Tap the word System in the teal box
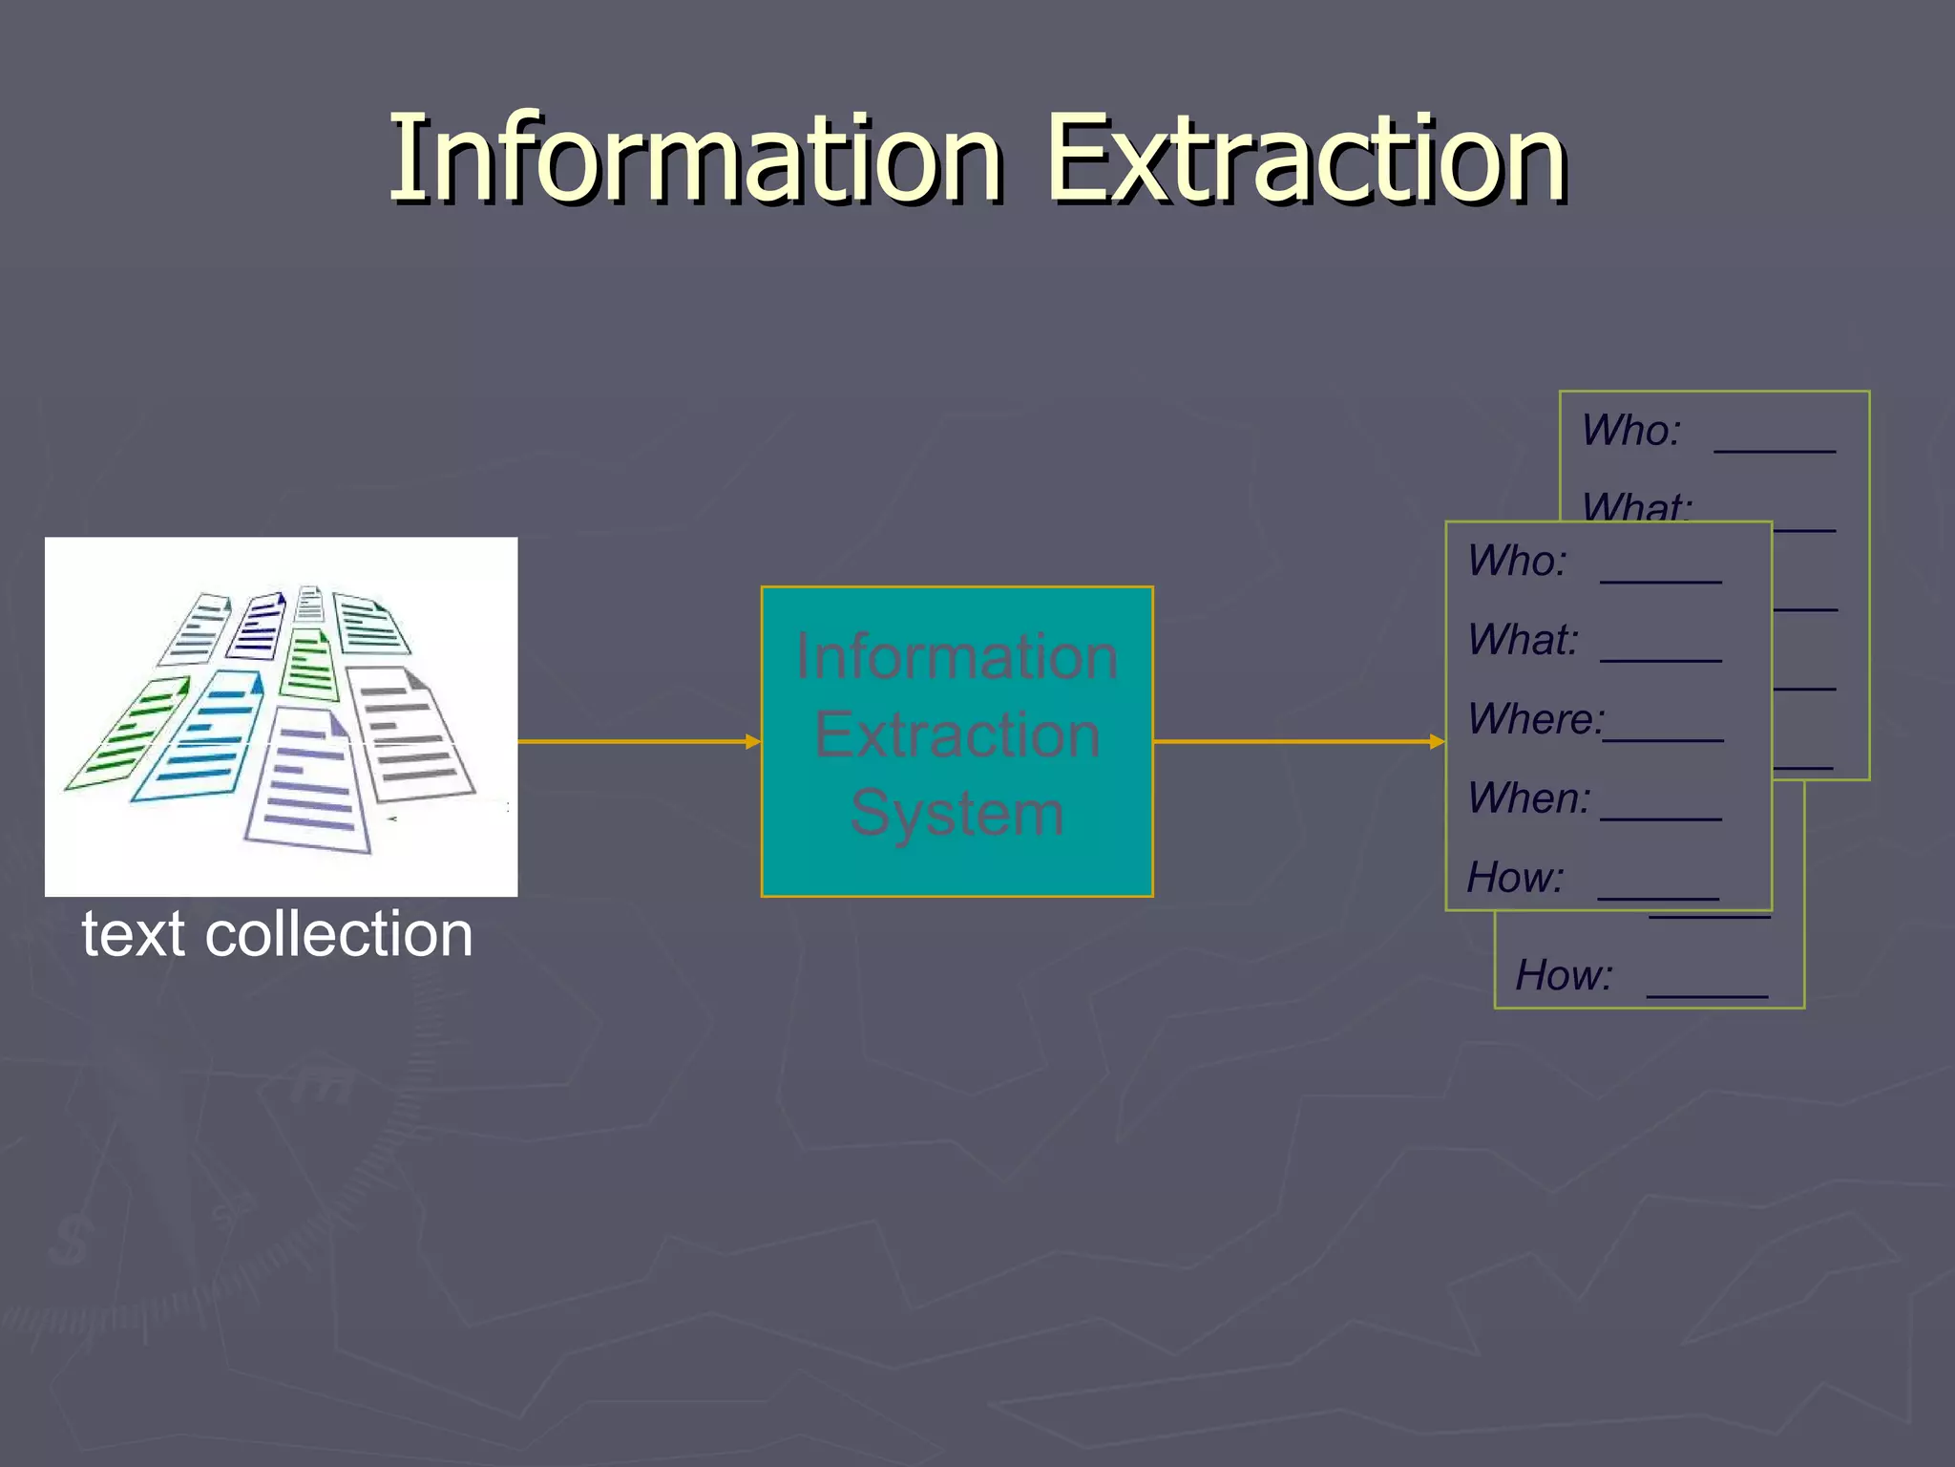pos(956,814)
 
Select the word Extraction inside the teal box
pos(956,735)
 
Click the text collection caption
pos(277,934)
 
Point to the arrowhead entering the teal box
pos(753,741)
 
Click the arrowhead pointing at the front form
pos(1438,741)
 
